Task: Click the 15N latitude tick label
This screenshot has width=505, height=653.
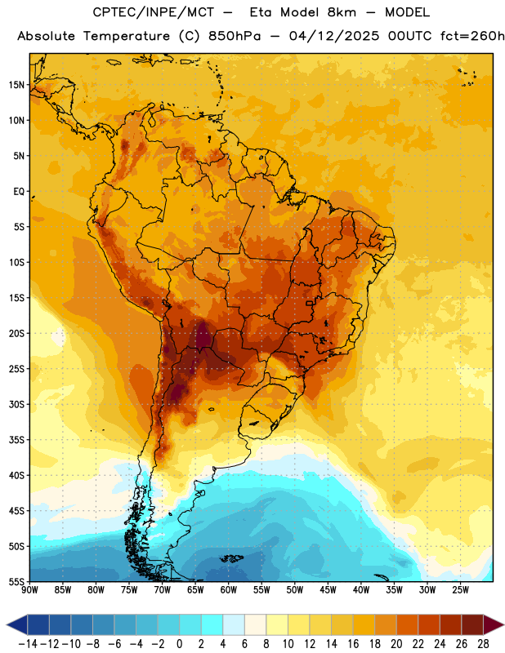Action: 16,85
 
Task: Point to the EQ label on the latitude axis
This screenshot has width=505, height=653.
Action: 19,192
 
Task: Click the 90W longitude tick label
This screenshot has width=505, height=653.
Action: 30,589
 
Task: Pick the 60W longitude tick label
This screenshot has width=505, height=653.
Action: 229,589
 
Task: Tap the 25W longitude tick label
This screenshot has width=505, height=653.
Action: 460,589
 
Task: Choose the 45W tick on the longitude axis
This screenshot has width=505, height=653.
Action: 328,589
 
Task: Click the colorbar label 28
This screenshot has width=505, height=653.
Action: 483,644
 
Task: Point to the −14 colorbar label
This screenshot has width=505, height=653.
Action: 29,644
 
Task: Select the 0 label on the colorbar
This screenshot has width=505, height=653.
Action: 179,644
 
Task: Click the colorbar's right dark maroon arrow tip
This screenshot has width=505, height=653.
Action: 503,624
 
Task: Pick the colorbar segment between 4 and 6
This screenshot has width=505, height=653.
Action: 234,624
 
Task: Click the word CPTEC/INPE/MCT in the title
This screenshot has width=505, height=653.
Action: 153,12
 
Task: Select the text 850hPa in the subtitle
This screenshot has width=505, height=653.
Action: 235,36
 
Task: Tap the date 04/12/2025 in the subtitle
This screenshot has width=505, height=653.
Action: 334,36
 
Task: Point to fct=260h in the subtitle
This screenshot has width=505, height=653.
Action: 472,36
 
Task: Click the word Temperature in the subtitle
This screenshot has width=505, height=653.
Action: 127,36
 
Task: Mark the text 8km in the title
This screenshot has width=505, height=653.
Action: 342,12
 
